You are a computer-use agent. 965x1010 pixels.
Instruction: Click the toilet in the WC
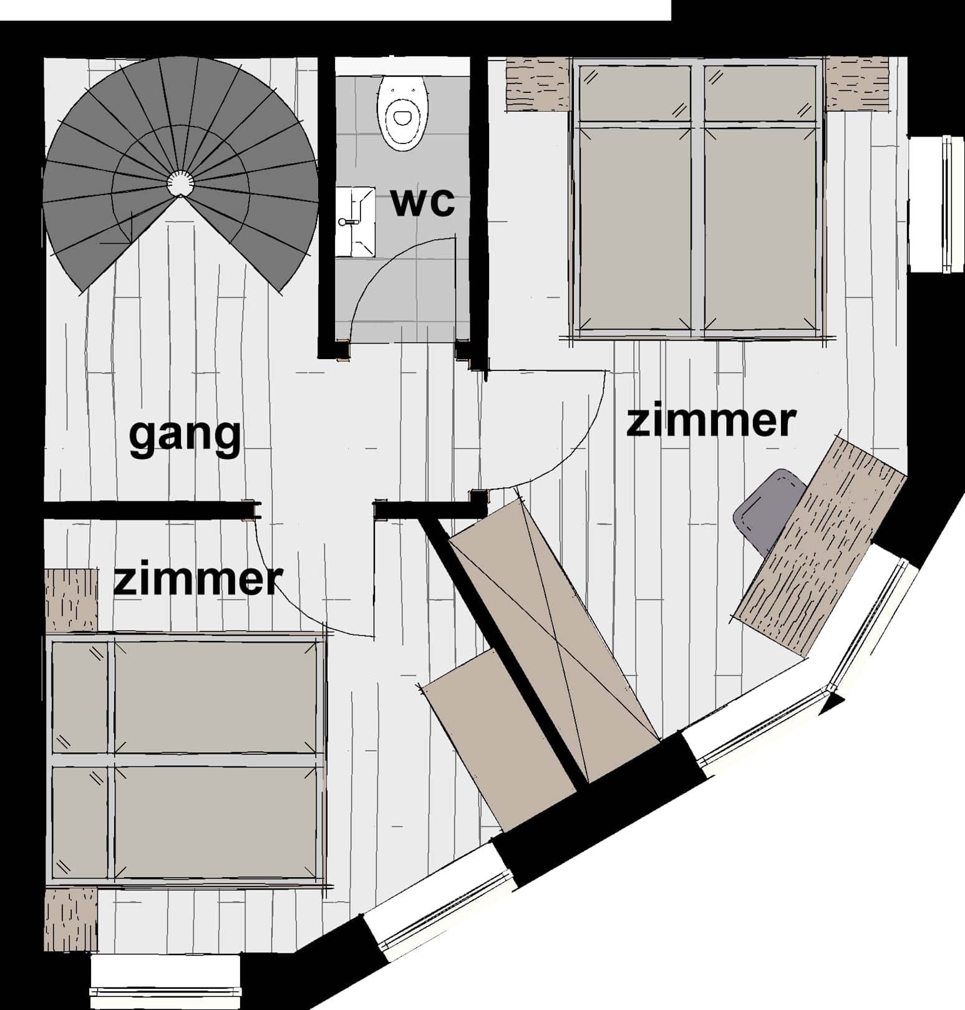(404, 113)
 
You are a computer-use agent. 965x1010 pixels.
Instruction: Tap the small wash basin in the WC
(355, 222)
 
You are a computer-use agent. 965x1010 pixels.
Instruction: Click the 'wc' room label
(422, 202)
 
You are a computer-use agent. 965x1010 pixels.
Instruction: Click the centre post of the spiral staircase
(180, 183)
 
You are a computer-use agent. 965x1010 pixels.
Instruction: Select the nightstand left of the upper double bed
(538, 84)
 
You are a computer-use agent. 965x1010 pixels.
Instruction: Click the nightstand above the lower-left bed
(71, 600)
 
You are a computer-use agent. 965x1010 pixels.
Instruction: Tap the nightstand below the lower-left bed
(71, 920)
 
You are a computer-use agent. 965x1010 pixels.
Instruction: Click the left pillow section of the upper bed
(634, 94)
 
